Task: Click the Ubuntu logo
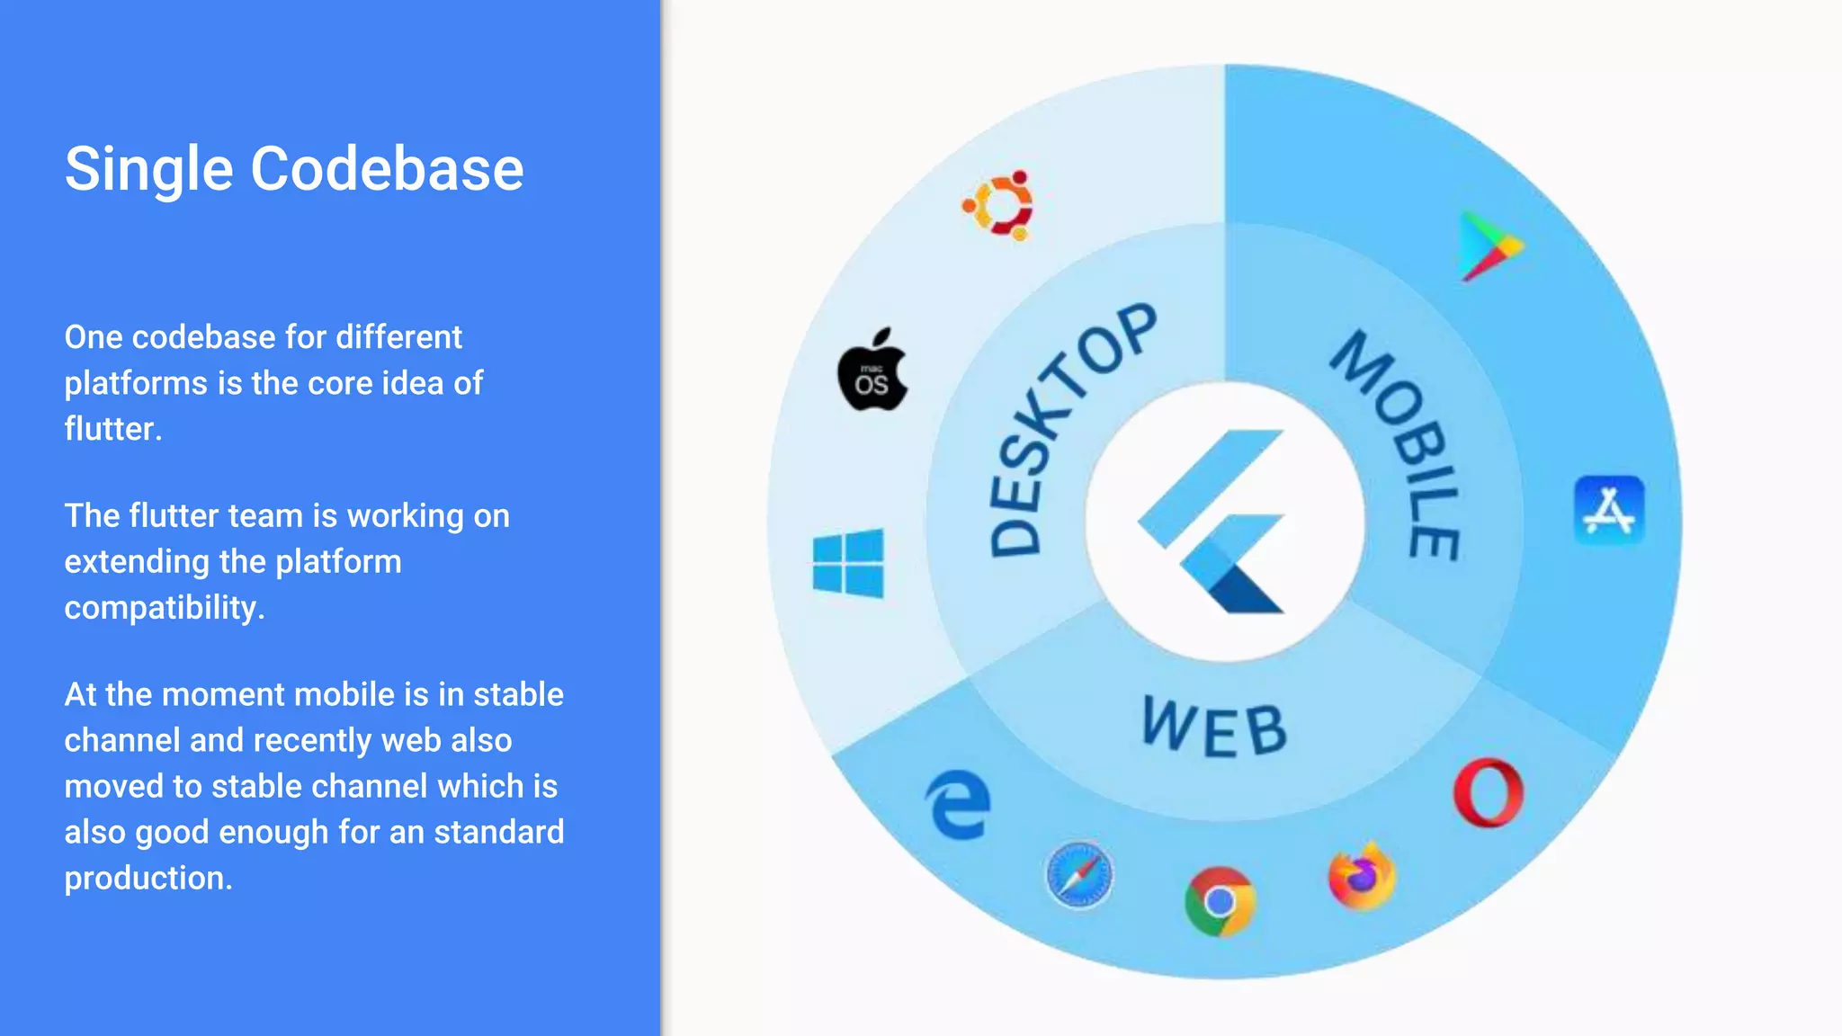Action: point(998,205)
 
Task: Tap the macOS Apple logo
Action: point(872,371)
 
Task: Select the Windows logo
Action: point(848,563)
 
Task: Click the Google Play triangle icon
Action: point(1489,246)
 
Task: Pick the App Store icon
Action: point(1609,510)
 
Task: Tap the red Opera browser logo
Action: point(1489,792)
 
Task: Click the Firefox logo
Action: point(1362,876)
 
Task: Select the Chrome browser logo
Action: point(1220,900)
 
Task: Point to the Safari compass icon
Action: point(1079,874)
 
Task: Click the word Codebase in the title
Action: point(387,169)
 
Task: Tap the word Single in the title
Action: point(149,169)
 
